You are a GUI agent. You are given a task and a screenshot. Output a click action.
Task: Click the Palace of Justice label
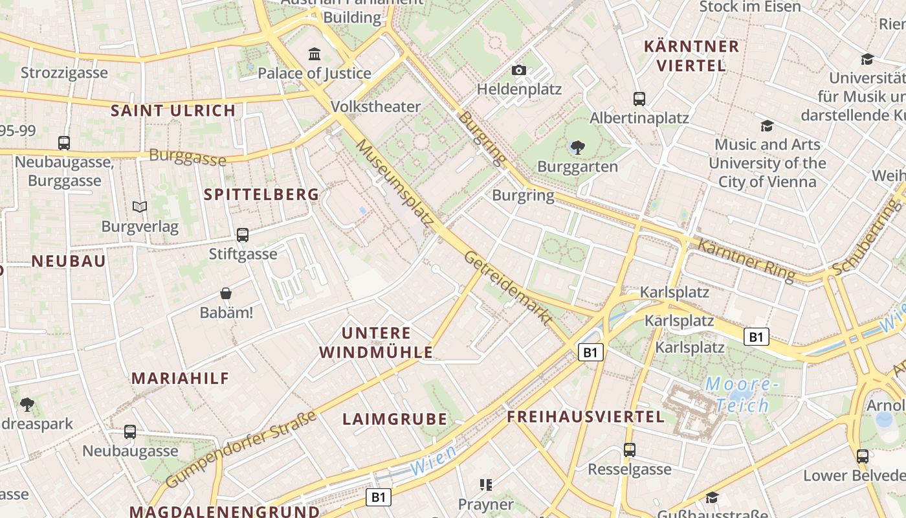tap(315, 73)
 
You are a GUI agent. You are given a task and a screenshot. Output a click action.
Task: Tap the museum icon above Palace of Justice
tap(315, 54)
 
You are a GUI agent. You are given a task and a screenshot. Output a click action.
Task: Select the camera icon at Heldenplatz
tap(518, 70)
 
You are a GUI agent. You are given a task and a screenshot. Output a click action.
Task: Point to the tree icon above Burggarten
tap(577, 148)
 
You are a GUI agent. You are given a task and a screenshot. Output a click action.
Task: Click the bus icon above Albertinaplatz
tap(639, 99)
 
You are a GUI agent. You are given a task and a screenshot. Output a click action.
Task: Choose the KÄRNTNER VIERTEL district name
tap(691, 56)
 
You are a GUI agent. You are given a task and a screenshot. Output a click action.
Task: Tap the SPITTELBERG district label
tap(261, 194)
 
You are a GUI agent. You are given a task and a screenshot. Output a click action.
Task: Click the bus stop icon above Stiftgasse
tap(243, 235)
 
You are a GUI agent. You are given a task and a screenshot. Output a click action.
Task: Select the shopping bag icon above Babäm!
tap(226, 294)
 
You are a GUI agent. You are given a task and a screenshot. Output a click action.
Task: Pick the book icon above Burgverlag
tap(140, 207)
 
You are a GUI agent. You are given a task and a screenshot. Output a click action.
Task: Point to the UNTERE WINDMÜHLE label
tap(376, 343)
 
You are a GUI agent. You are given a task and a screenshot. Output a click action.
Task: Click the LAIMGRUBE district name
tap(395, 419)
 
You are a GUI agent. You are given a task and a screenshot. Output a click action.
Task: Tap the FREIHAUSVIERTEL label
tap(586, 416)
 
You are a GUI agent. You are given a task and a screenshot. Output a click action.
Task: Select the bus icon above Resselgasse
tap(630, 449)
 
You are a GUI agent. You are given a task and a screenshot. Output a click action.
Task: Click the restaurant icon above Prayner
tap(485, 484)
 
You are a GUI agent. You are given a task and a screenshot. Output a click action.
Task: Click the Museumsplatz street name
tap(395, 182)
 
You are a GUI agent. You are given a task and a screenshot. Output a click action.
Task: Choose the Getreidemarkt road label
tap(508, 287)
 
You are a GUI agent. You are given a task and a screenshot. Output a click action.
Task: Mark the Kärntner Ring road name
tap(746, 260)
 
